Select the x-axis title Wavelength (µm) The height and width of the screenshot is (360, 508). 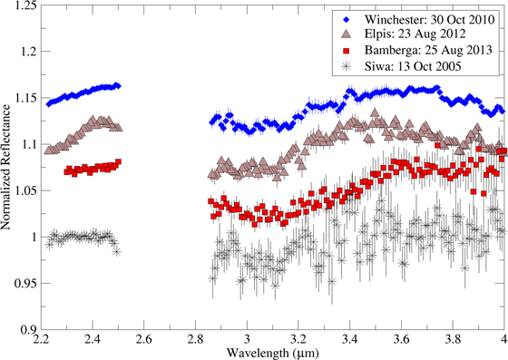(x=264, y=351)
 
